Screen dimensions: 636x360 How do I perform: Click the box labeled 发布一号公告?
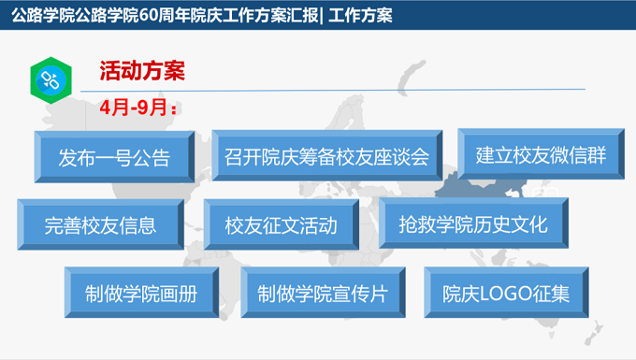click(x=114, y=157)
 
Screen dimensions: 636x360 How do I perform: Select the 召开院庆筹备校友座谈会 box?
click(x=327, y=155)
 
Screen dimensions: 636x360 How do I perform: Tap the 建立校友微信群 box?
click(x=542, y=154)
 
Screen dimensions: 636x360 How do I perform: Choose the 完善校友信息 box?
click(x=101, y=224)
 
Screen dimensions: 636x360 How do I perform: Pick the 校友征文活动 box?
click(x=282, y=224)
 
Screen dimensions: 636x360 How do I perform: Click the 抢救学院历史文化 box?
click(x=473, y=223)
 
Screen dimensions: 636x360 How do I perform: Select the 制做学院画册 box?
click(x=141, y=293)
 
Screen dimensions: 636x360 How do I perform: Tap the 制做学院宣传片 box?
click(x=323, y=293)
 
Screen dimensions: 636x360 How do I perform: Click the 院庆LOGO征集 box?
click(x=506, y=293)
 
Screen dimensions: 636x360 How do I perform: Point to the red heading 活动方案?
click(x=142, y=70)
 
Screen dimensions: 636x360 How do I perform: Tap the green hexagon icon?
click(x=51, y=80)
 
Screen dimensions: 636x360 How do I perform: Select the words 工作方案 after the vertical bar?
click(x=360, y=15)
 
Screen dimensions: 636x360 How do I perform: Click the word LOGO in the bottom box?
click(x=506, y=294)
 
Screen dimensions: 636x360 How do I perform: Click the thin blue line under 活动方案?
click(x=333, y=90)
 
